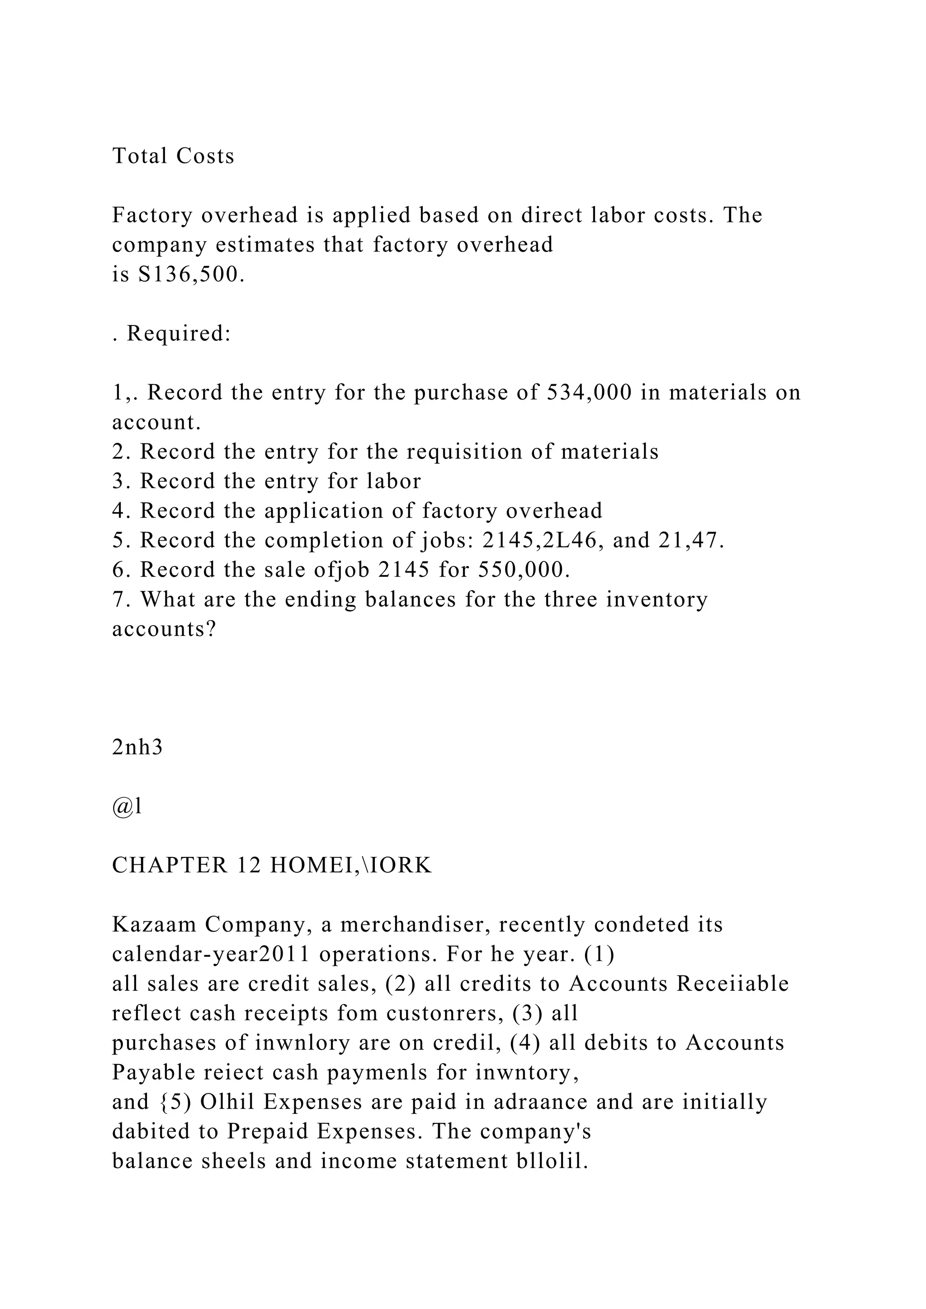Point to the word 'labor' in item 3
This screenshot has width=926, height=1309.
(393, 482)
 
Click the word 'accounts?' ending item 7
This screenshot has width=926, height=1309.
(164, 630)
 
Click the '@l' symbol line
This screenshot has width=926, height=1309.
(127, 807)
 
